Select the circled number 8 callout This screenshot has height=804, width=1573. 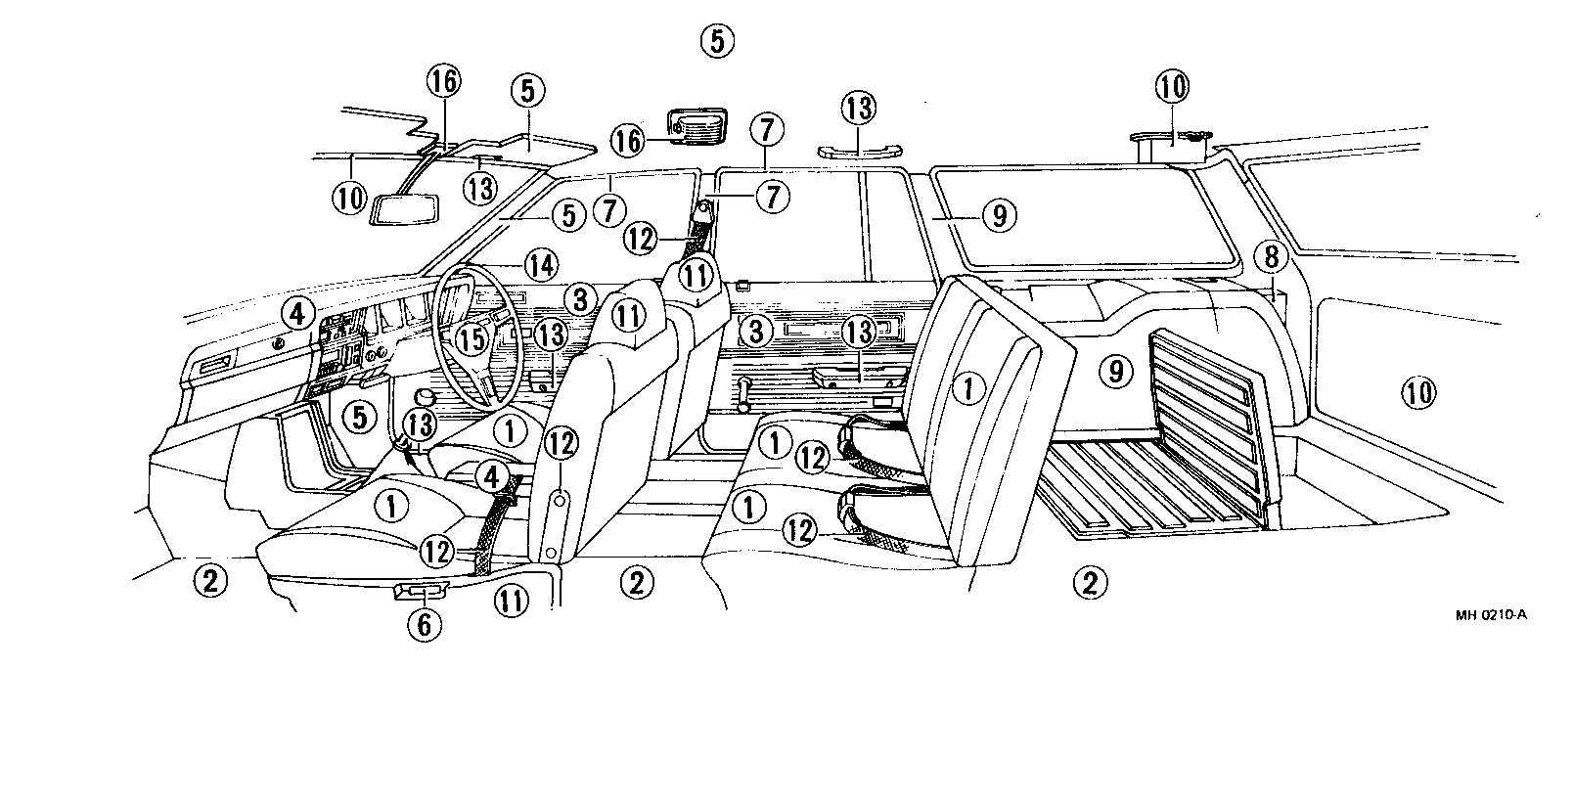1271,257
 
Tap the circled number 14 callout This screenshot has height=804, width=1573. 540,264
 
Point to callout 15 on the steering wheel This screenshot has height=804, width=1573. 472,338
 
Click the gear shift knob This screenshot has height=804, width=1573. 426,397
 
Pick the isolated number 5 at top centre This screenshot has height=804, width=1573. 716,41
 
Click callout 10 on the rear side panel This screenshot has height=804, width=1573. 1418,392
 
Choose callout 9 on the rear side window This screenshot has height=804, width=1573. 998,215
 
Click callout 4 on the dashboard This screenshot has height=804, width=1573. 297,314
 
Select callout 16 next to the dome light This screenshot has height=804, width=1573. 629,141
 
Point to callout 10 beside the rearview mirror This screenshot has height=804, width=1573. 349,199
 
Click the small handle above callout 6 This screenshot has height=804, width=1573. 423,590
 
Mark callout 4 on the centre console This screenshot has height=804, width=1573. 492,476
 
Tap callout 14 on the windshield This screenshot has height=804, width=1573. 540,264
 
